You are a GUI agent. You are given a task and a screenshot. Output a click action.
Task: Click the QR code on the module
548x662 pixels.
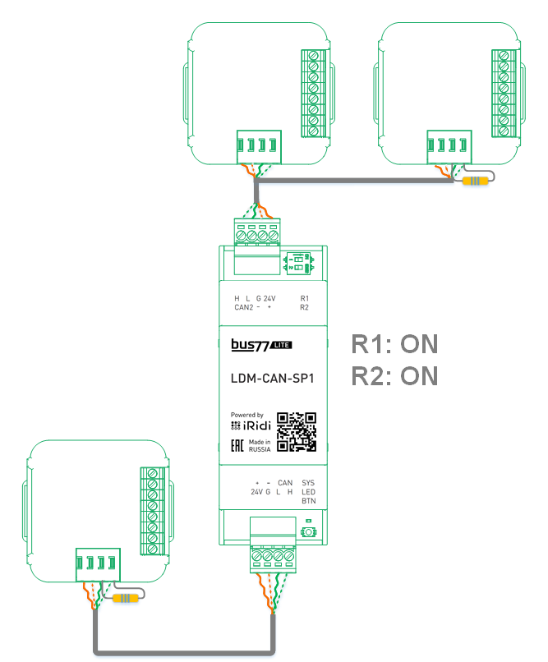pyautogui.click(x=297, y=431)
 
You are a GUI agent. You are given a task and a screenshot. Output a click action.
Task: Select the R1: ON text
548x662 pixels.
pyautogui.click(x=394, y=344)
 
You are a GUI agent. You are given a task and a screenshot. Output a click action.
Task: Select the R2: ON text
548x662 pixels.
pyautogui.click(x=394, y=376)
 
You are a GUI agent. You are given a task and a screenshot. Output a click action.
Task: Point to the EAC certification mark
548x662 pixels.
pyautogui.click(x=237, y=446)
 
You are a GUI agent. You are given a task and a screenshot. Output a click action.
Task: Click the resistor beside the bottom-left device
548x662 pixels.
pyautogui.click(x=124, y=597)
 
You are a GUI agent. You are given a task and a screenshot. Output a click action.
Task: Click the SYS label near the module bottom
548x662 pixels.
pyautogui.click(x=308, y=482)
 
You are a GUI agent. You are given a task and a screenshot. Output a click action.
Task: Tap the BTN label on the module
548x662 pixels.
pyautogui.click(x=308, y=500)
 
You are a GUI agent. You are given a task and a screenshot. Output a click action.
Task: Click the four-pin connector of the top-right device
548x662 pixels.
pyautogui.click(x=449, y=146)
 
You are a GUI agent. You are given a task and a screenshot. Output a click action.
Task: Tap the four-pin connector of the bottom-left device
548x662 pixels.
pyautogui.click(x=97, y=563)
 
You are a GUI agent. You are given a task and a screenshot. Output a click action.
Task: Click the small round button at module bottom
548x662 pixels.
pyautogui.click(x=308, y=532)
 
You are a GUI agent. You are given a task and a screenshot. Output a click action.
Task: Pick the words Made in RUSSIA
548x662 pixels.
pyautogui.click(x=260, y=446)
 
